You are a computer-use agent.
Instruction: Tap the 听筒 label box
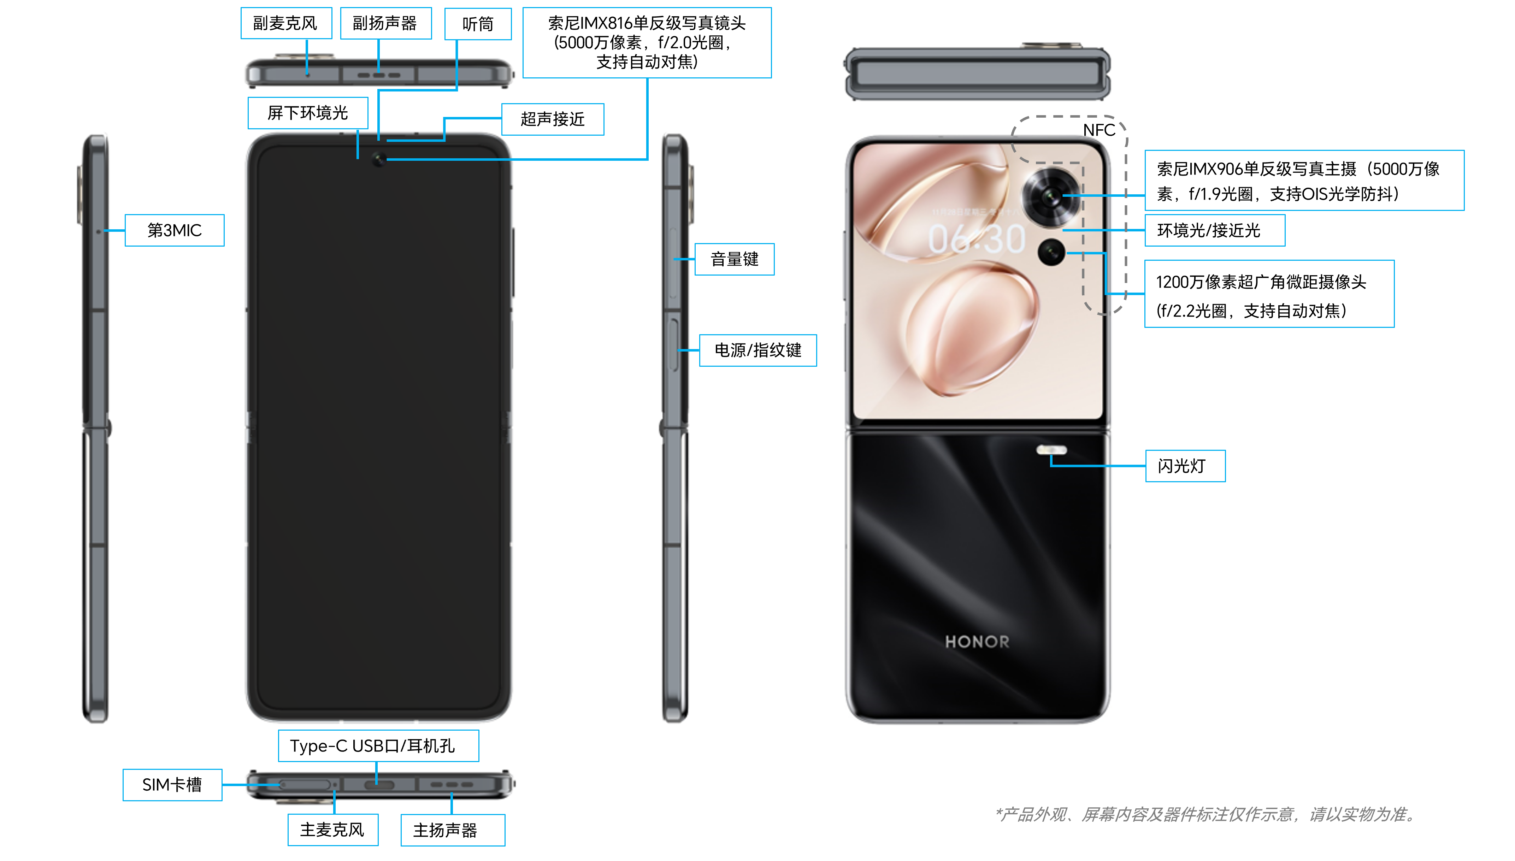[x=478, y=24]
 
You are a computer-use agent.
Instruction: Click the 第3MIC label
[x=175, y=230]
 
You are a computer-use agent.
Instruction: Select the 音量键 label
[x=735, y=259]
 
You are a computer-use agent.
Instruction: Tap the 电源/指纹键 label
[x=758, y=350]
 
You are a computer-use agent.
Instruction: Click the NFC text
[x=1099, y=130]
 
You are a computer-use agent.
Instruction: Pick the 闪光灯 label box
[x=1185, y=466]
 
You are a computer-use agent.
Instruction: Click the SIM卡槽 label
[x=172, y=785]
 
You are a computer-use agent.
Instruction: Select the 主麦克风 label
[x=333, y=830]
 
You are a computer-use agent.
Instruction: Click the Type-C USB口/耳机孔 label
[x=378, y=746]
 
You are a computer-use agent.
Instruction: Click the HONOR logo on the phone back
[x=977, y=642]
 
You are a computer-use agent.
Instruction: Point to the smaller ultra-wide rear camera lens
[x=1051, y=253]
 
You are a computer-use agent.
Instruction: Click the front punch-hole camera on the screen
[x=378, y=159]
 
